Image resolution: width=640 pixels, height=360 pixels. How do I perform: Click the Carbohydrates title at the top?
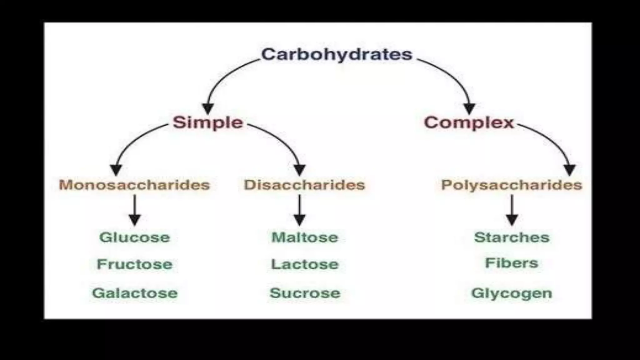[337, 55]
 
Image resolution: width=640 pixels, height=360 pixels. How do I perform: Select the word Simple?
[208, 122]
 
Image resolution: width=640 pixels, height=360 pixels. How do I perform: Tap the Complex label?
[469, 122]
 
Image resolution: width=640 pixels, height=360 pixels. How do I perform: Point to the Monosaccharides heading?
[134, 185]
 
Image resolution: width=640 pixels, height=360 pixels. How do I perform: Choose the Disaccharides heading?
[304, 185]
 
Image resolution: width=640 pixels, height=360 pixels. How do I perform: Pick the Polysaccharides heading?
[512, 185]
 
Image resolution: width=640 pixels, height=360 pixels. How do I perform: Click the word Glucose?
[135, 237]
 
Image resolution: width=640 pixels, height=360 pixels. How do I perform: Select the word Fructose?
[135, 264]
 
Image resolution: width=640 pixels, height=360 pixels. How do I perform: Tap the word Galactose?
[135, 293]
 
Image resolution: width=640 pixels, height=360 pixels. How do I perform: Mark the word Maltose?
[305, 237]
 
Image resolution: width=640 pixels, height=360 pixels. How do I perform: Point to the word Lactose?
[305, 264]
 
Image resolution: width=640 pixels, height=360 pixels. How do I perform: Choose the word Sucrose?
[305, 293]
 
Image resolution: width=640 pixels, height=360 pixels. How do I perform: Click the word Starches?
[512, 237]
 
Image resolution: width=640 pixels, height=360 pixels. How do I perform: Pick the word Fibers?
[512, 263]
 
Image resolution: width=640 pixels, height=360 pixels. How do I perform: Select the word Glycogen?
[512, 293]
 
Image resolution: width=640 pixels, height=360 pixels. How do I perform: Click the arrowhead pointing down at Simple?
[208, 108]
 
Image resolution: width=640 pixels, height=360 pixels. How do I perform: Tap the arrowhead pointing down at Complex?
[469, 108]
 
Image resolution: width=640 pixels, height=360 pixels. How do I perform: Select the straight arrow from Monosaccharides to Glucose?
[135, 209]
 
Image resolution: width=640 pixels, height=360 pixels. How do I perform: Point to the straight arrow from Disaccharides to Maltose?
[299, 209]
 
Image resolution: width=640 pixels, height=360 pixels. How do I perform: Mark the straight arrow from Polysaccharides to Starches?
[512, 209]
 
